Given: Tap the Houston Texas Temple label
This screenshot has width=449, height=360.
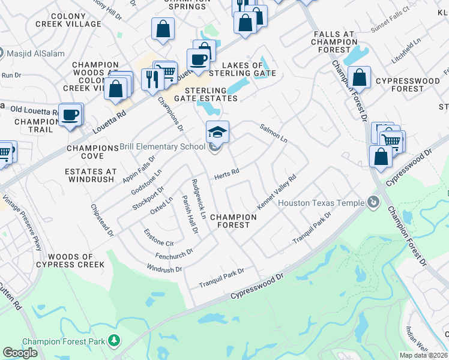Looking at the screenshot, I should tap(321, 203).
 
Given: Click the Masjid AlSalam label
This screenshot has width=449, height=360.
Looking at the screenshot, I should tap(33, 53).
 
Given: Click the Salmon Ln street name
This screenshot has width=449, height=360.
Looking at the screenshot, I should tap(273, 133).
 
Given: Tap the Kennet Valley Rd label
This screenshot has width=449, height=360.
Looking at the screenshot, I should tap(277, 192).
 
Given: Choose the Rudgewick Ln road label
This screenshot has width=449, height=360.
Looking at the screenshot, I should tap(199, 197).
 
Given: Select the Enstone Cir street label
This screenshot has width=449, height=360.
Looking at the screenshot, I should tap(158, 238).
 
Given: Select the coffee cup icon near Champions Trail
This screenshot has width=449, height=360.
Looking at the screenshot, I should tap(70, 114).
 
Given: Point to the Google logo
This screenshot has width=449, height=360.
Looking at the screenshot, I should tap(20, 353).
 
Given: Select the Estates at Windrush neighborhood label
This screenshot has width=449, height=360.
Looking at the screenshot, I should tap(90, 175).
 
